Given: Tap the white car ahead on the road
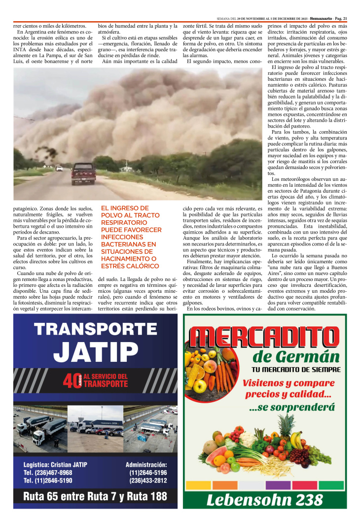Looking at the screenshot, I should [x=59, y=168].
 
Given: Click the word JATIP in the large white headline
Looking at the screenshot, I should [x=96, y=351].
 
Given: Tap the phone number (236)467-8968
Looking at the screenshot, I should [x=48, y=472].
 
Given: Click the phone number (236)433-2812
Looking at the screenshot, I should [x=148, y=480].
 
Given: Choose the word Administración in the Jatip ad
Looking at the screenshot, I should [x=146, y=464].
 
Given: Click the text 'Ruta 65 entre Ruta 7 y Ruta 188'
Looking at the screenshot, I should [x=95, y=497].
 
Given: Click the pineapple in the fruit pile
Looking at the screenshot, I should [x=286, y=434].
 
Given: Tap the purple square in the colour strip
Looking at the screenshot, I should [x=278, y=485].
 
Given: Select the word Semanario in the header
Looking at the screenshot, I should [x=317, y=18].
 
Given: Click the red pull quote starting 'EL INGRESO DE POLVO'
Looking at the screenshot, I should [x=131, y=237].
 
